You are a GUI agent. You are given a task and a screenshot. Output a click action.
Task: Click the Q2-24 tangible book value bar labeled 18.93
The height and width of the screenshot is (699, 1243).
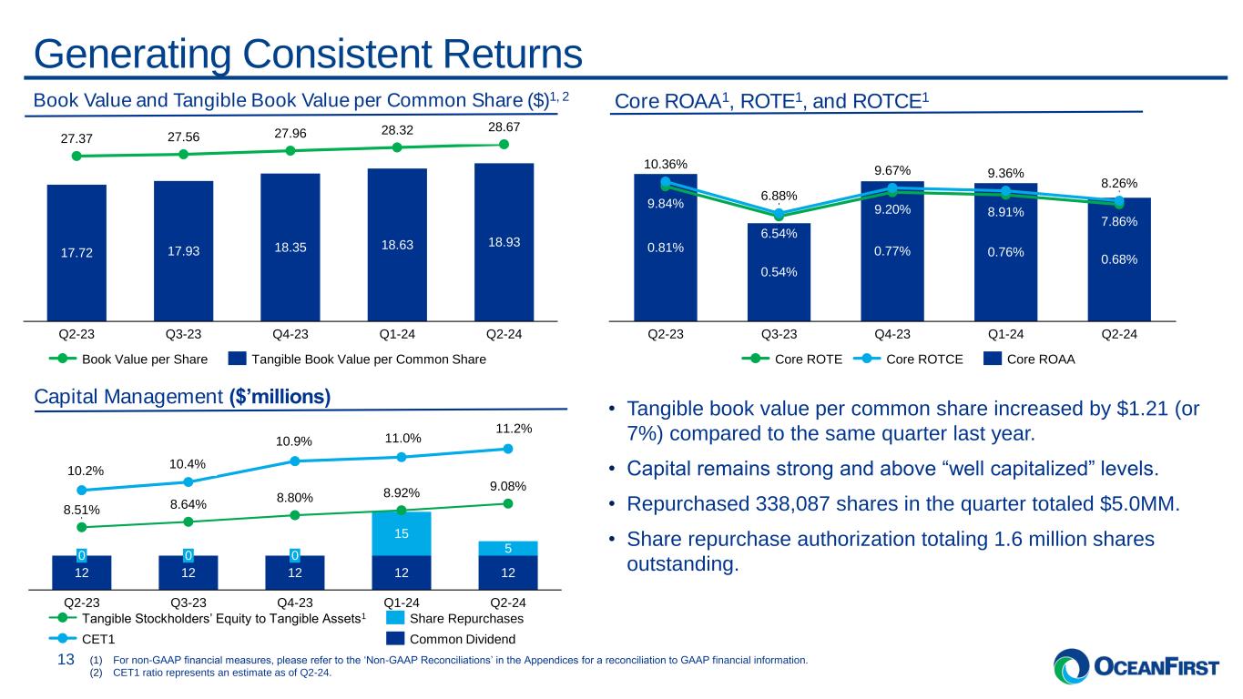click(504, 242)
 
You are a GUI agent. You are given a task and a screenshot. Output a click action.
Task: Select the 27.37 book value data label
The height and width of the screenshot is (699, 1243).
click(76, 138)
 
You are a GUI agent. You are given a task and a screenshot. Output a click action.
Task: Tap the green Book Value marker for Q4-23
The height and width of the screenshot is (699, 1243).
click(290, 151)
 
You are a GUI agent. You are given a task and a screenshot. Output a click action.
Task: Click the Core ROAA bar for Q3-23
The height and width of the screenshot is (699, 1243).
click(779, 272)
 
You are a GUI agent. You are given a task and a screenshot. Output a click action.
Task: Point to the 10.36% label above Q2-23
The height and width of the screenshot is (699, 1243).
click(666, 164)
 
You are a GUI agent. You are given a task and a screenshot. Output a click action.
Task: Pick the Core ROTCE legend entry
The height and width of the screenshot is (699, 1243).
click(909, 360)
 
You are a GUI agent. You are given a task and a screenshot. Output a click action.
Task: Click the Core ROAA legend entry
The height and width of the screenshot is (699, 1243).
click(1029, 360)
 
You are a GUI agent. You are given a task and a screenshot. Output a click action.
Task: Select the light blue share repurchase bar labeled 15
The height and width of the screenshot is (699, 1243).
click(402, 533)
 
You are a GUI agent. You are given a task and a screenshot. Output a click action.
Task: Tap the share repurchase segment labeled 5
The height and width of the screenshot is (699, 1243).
click(508, 549)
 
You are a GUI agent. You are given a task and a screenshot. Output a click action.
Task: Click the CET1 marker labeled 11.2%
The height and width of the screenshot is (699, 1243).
click(508, 449)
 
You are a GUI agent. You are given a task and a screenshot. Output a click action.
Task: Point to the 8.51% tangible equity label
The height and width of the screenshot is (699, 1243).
click(82, 511)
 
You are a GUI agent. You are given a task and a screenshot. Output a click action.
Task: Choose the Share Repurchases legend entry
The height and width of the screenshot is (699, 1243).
click(455, 619)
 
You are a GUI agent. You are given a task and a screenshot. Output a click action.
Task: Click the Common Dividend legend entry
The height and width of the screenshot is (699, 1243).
click(451, 639)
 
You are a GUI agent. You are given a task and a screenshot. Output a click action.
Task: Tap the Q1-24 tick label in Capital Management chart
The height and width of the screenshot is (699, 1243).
click(402, 603)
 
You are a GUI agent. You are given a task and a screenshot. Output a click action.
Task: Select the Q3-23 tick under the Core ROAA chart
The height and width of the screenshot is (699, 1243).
click(779, 335)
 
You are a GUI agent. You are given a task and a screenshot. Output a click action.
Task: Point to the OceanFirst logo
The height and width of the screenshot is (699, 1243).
click(1136, 666)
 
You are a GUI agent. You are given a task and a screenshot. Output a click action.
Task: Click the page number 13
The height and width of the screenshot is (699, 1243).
click(66, 660)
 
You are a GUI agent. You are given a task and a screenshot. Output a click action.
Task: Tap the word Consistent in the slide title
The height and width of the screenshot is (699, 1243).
click(337, 54)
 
